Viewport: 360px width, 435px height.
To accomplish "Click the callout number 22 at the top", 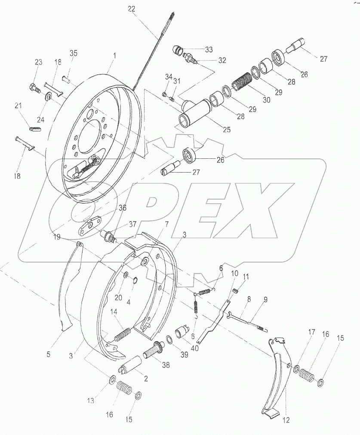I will [x=131, y=9].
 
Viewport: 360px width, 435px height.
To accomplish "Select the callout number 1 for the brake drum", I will [x=114, y=56].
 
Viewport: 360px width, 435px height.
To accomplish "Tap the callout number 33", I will [x=208, y=49].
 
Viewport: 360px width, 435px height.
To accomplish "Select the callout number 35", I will [x=74, y=53].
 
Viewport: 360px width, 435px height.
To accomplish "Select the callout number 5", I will [x=49, y=355].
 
